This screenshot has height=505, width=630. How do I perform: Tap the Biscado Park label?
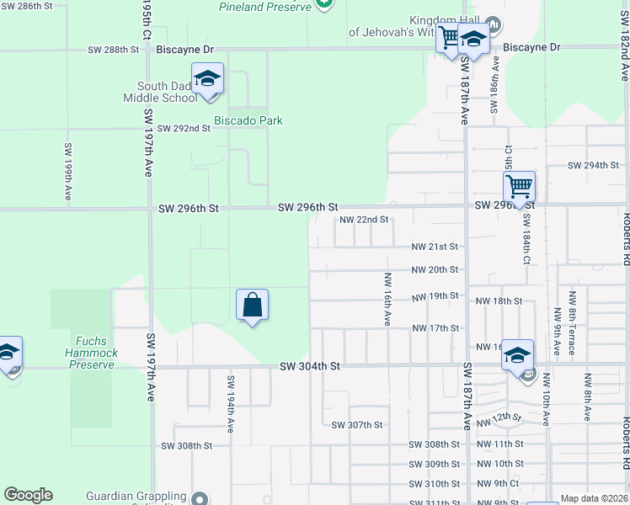(x=248, y=120)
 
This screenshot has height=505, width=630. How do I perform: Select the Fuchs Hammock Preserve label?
(x=91, y=353)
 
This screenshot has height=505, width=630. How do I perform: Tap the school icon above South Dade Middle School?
(x=207, y=79)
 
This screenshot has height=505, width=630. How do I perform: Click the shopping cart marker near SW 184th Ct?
(x=520, y=185)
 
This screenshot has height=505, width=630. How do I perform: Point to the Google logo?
(x=28, y=495)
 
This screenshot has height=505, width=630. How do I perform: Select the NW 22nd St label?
(x=364, y=220)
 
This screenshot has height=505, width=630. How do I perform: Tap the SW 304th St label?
(x=310, y=366)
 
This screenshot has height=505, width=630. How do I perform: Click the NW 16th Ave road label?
(x=387, y=300)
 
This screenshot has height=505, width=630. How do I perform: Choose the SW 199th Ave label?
(x=67, y=169)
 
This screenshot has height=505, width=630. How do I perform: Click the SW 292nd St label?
(x=185, y=128)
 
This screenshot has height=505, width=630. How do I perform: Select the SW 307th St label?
(x=357, y=425)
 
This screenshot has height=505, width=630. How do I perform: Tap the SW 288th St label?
(x=114, y=50)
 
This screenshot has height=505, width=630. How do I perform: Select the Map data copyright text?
(x=594, y=498)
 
